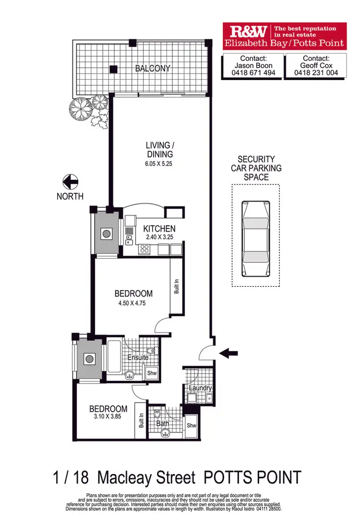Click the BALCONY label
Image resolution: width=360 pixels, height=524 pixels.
click(153, 69)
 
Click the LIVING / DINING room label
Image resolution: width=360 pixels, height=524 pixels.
click(159, 150)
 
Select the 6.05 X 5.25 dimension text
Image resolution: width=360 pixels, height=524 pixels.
click(159, 164)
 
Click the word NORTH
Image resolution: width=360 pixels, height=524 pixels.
click(70, 196)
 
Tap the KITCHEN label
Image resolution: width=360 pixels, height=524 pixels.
click(159, 229)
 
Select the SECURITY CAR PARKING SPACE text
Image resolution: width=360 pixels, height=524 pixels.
click(256, 168)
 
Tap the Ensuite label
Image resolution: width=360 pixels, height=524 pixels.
click(137, 357)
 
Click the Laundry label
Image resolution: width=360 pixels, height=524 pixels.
click(200, 388)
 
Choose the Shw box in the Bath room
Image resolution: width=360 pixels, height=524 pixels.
click(192, 426)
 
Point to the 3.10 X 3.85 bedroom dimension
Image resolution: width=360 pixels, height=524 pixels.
click(108, 418)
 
